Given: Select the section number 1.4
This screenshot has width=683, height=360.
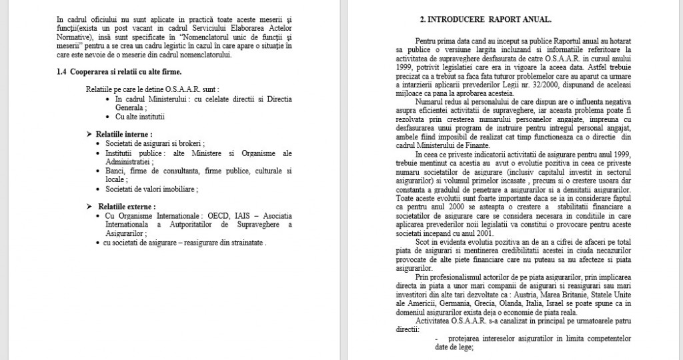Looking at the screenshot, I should pos(63,71).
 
